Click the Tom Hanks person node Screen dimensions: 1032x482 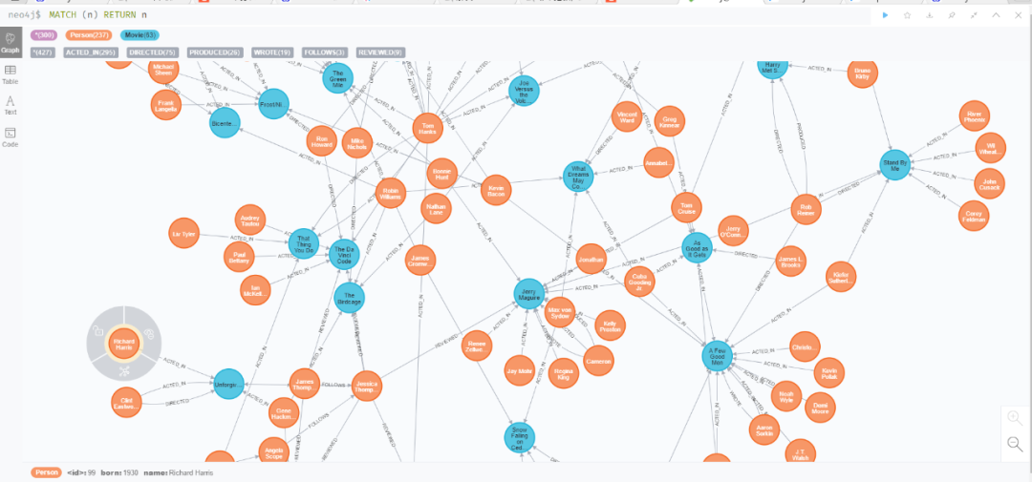[428, 128]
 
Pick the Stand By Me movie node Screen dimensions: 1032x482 [895, 163]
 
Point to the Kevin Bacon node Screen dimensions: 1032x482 [496, 189]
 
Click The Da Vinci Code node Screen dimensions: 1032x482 [345, 253]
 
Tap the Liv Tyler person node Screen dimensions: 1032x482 [183, 234]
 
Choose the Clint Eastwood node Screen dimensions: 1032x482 [126, 402]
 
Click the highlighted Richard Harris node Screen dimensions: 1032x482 [123, 346]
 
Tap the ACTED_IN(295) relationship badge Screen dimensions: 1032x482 [90, 52]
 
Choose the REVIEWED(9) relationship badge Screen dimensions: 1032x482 [380, 52]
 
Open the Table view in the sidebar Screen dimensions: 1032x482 [11, 73]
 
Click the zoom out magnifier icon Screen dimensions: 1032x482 [1015, 443]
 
